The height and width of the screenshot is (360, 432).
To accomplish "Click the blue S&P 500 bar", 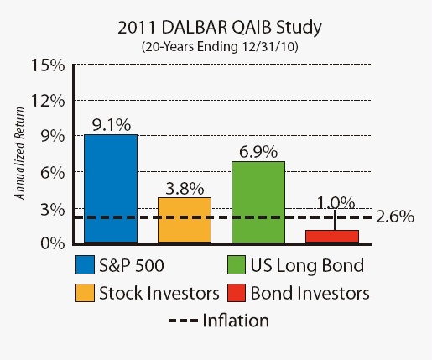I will [x=110, y=188].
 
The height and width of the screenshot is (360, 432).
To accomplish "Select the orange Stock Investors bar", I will [x=185, y=220].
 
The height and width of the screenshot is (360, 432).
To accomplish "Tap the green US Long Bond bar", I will [x=258, y=201].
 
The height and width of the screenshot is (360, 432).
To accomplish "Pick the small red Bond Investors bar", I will [x=332, y=236].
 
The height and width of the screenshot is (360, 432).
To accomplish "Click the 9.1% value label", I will [x=110, y=124].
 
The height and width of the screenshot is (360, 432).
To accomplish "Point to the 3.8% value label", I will [x=185, y=188].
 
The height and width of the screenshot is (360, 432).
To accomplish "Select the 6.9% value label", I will [x=258, y=151].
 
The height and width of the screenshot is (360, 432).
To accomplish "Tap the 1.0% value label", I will [x=336, y=203].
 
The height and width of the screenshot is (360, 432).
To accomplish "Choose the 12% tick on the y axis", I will [x=47, y=101].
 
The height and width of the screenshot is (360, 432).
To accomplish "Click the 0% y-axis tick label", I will [x=51, y=243].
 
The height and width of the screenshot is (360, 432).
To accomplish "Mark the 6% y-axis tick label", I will [x=51, y=172].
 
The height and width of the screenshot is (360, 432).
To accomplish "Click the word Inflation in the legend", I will [x=237, y=321].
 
